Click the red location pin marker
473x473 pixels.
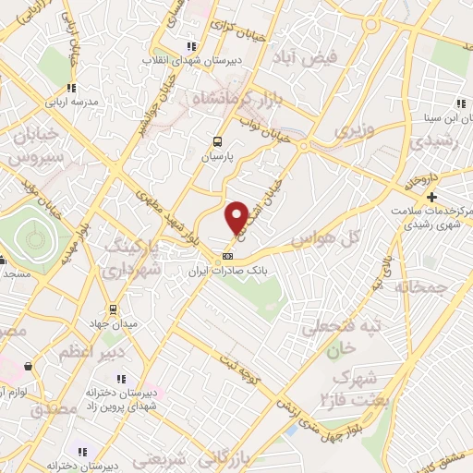(x=236, y=217)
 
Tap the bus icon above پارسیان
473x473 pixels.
(x=217, y=142)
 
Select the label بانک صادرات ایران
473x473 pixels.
(x=226, y=273)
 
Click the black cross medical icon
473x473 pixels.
(x=431, y=197)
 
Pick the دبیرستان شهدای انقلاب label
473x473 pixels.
(x=190, y=60)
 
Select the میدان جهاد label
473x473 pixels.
(x=112, y=324)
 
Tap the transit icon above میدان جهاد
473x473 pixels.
(x=112, y=309)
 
